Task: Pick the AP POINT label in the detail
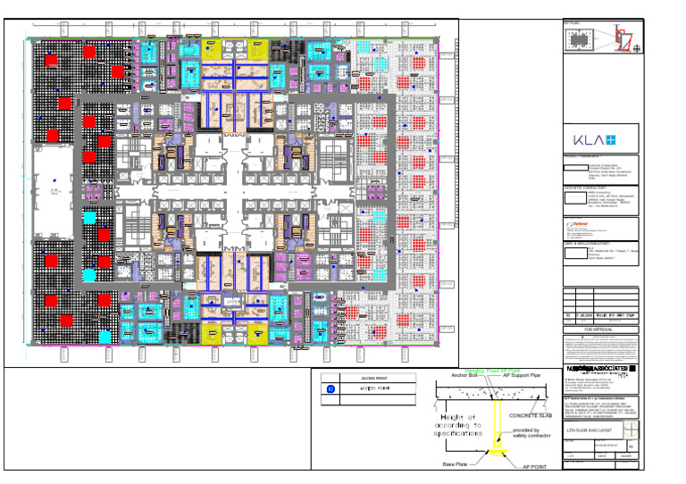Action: point(531,465)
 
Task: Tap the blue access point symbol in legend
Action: point(330,388)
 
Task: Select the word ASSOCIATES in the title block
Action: point(608,368)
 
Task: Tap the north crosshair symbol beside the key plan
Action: point(636,49)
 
